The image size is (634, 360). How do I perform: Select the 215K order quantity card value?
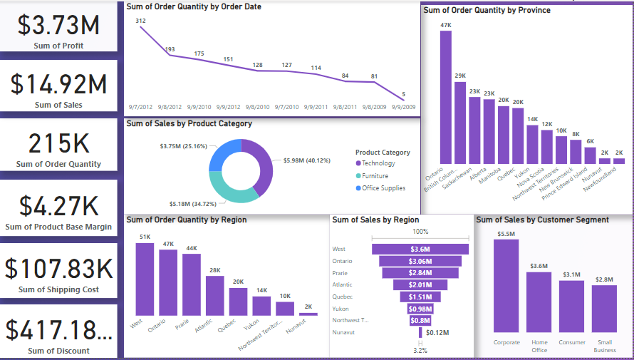(x=58, y=143)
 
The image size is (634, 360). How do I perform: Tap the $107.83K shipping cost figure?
(x=58, y=269)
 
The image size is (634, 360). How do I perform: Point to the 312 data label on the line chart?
(x=140, y=21)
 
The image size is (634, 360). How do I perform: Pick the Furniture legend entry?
(x=375, y=175)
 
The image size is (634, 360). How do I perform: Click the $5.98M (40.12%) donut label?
(x=307, y=160)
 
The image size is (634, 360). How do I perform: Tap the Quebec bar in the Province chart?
(x=518, y=135)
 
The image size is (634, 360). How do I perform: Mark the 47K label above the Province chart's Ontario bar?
(x=446, y=26)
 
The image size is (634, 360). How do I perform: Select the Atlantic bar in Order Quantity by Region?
(x=214, y=295)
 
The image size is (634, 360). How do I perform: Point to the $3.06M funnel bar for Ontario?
(x=420, y=261)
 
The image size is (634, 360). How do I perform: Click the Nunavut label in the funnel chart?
(x=344, y=332)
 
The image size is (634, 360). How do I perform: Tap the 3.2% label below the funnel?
(x=420, y=350)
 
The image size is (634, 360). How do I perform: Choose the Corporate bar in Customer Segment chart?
(x=506, y=285)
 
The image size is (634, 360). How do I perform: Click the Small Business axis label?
(x=605, y=346)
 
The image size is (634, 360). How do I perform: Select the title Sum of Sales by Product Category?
(x=189, y=123)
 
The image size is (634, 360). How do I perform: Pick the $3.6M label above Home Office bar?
(x=539, y=266)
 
